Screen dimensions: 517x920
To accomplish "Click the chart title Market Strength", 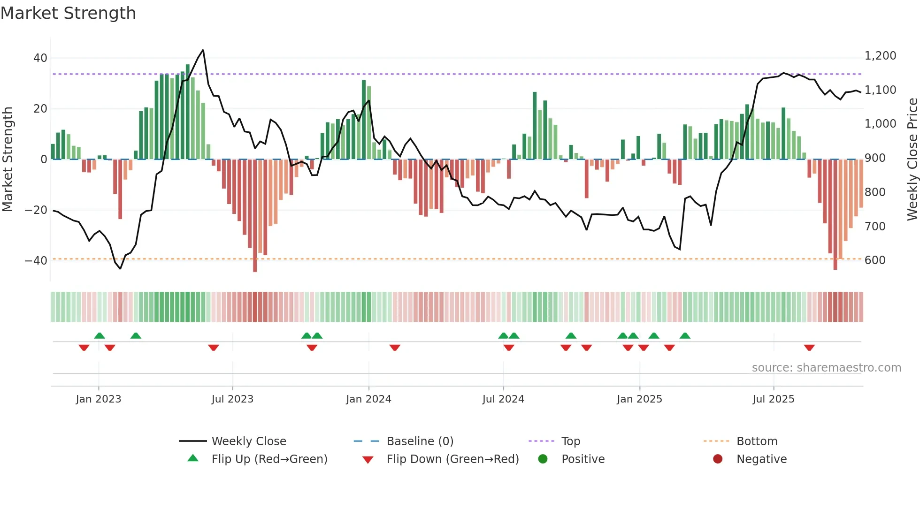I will tap(68, 13).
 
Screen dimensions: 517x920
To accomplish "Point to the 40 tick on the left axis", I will tap(40, 58).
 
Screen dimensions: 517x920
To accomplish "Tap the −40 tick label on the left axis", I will tap(36, 260).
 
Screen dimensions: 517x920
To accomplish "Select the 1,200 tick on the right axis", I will tap(880, 56).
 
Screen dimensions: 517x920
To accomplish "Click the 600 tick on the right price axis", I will tap(875, 260).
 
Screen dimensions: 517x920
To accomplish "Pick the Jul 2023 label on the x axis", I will tap(232, 399).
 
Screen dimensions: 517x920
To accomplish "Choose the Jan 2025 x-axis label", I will tap(639, 399).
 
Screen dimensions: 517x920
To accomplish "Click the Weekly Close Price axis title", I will tap(912, 160).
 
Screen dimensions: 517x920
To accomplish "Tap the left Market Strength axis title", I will tap(8, 160).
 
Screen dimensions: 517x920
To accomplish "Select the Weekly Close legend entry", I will tap(248, 441).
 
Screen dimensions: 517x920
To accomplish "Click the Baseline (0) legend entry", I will tap(420, 441).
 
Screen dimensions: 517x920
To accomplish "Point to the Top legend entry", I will tap(570, 441).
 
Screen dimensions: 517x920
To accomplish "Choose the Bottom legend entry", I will tap(757, 441).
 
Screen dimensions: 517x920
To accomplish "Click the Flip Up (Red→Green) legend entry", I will tap(269, 459).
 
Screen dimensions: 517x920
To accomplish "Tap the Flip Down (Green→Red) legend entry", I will tap(452, 459).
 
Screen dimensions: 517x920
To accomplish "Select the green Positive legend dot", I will tap(543, 459).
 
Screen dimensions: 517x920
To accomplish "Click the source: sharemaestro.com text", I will tap(826, 368).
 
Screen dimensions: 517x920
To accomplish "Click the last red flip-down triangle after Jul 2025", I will tap(809, 348).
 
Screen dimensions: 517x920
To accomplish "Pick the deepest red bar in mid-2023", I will tap(255, 216).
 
